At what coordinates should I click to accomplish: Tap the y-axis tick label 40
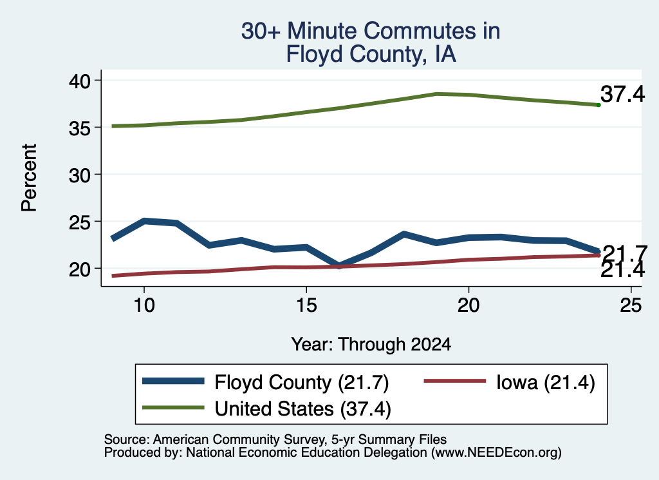tap(79, 81)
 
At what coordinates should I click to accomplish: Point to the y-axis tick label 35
tap(79, 128)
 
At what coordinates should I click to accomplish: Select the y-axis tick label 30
tap(79, 175)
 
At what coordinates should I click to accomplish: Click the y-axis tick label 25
tap(79, 222)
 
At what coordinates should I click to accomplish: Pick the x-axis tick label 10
tap(144, 305)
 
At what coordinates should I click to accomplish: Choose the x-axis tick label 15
tap(306, 305)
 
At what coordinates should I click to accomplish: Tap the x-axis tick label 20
tap(469, 305)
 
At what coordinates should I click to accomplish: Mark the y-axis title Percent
tap(29, 178)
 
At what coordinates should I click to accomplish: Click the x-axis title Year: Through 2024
tap(371, 344)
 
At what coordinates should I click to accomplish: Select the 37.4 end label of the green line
tap(622, 93)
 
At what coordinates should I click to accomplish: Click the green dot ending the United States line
tap(599, 105)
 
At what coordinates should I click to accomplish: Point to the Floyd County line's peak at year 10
tap(144, 220)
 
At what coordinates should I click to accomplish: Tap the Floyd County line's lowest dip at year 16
tap(339, 265)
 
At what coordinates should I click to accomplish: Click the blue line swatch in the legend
tap(173, 381)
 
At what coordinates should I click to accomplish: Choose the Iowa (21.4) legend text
tap(546, 383)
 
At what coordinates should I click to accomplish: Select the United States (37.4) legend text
tap(302, 408)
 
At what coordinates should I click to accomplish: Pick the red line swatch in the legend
tap(455, 381)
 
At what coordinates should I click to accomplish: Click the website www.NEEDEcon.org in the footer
tap(496, 452)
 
